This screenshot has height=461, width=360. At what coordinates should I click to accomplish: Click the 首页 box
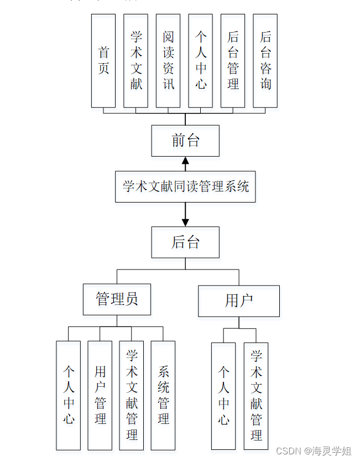point(103,61)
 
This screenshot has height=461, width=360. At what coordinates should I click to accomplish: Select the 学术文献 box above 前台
point(136,61)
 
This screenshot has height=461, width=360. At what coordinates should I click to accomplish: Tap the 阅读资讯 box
point(168,61)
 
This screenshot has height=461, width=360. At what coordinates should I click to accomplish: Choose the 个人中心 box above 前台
point(201,61)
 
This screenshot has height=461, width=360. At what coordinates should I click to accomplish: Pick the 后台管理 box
point(233,61)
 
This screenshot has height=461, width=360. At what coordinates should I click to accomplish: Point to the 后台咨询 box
point(265,61)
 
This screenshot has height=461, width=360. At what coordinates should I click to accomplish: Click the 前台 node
point(185,141)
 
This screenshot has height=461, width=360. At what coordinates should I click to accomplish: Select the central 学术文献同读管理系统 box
point(185,187)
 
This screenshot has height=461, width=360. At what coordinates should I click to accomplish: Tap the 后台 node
point(185,242)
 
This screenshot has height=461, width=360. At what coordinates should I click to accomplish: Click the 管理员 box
point(117,299)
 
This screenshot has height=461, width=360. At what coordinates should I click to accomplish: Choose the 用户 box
point(239,301)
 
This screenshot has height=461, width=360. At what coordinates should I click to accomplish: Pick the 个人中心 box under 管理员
point(69,395)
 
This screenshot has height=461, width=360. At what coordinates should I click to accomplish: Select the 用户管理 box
point(100,395)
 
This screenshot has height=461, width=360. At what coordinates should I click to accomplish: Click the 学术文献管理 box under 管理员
point(132,395)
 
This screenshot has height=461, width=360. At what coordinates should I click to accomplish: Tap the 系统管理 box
point(163,395)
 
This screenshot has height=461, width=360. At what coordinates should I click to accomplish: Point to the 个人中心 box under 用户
point(223,396)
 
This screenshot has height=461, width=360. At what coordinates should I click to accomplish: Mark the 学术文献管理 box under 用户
point(256,396)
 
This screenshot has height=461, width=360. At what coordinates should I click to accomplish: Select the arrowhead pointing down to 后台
point(185,222)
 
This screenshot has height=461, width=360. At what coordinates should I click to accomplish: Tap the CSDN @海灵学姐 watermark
point(314,451)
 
